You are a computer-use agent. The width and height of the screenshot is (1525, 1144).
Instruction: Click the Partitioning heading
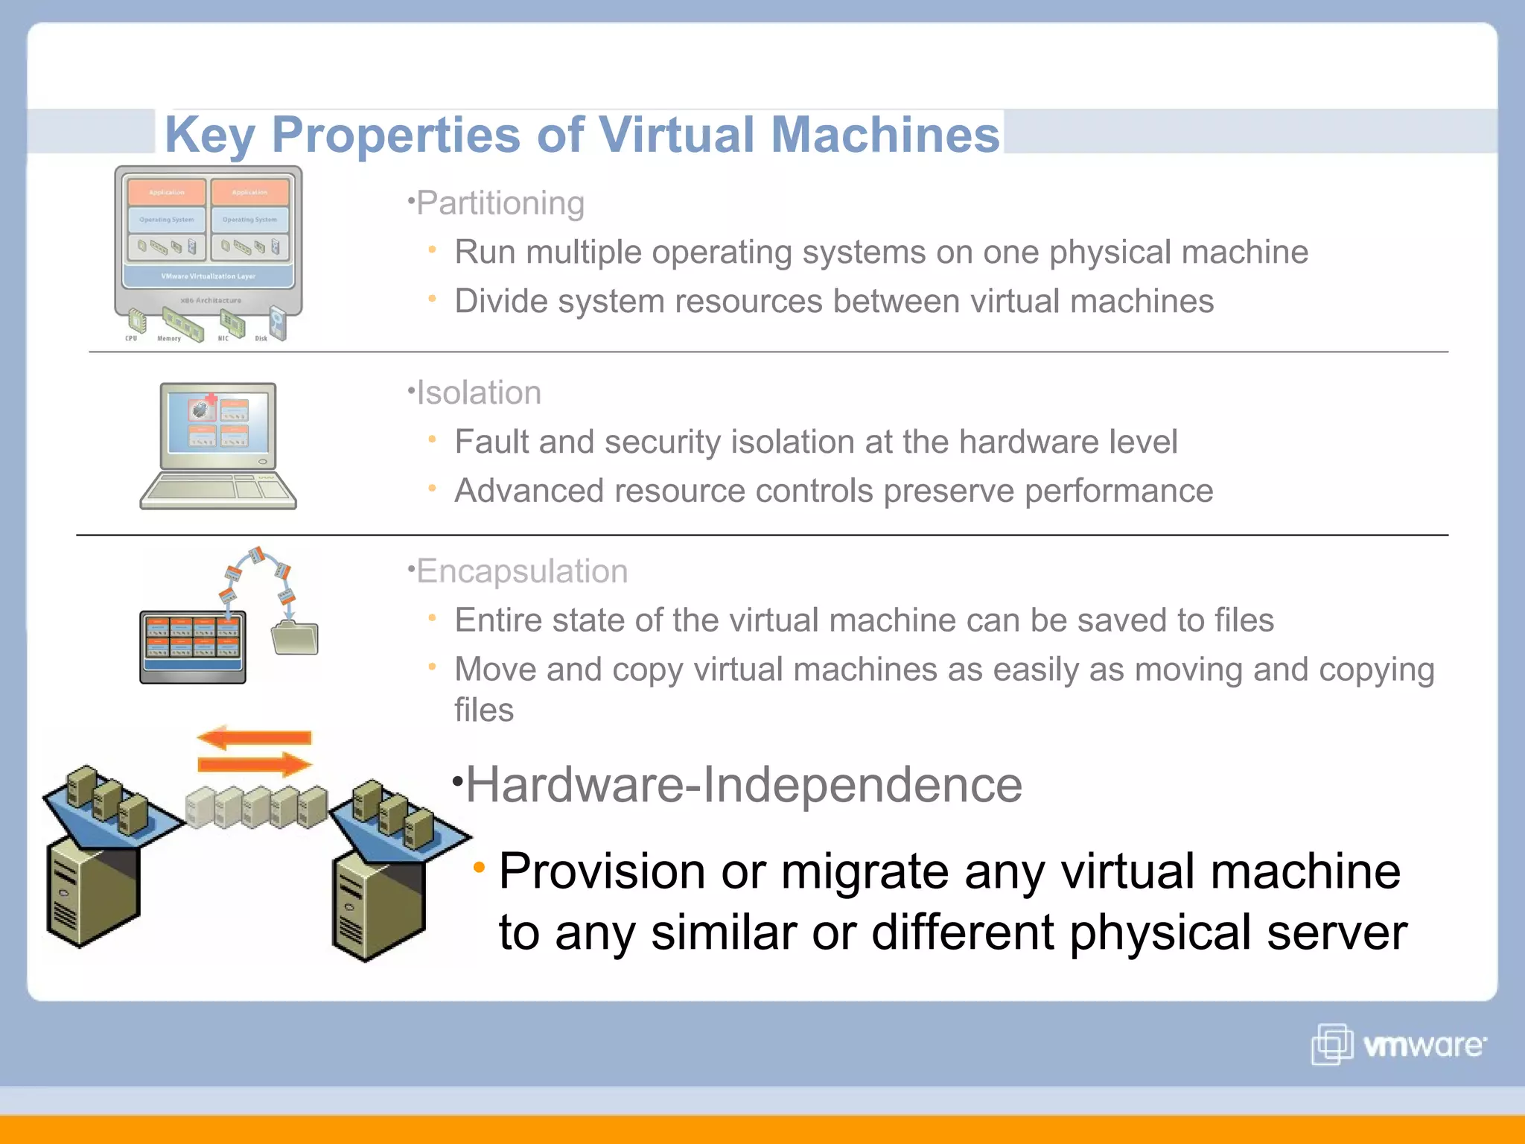pos(500,203)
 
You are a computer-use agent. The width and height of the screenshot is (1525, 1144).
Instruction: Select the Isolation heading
pos(478,393)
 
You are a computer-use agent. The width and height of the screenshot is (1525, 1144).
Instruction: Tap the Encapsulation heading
pos(521,571)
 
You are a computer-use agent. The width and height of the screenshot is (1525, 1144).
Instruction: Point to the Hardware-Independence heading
pos(743,785)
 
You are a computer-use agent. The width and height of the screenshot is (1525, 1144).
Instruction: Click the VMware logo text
pos(1423,1046)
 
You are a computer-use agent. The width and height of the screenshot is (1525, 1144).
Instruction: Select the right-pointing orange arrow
pos(255,764)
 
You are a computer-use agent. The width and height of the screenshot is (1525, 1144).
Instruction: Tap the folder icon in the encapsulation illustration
pos(295,638)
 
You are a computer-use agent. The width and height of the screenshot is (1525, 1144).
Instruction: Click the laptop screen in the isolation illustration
pos(218,422)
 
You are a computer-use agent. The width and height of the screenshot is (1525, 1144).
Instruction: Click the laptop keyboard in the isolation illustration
pos(217,489)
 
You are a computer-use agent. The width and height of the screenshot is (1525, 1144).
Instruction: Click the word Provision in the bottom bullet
pos(601,871)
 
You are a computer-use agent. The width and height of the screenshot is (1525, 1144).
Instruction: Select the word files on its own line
pos(484,710)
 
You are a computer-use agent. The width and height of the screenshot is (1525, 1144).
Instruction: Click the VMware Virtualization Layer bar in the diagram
pos(208,276)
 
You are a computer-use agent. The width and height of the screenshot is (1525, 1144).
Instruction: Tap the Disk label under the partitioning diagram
pos(261,339)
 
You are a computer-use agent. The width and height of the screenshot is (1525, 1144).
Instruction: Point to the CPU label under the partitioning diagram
pos(131,339)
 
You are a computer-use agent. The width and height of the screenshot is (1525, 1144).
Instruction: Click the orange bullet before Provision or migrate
pos(480,866)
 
